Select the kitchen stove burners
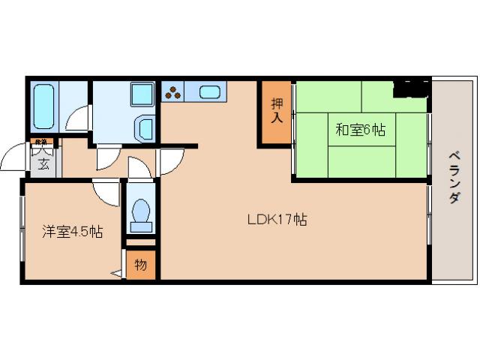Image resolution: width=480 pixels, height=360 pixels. (x=173, y=93)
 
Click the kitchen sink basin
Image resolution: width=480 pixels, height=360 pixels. (x=209, y=93)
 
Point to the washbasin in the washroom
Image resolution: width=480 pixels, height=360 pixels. (x=145, y=127)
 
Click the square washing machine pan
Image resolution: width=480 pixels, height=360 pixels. (x=140, y=95)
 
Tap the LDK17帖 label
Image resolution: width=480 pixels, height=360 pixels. (x=277, y=220)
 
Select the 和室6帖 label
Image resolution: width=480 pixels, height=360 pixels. (x=360, y=130)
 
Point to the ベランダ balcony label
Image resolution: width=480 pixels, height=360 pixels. (x=454, y=177)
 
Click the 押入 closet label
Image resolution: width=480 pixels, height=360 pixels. (x=277, y=111)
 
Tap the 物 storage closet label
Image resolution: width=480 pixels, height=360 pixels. (x=141, y=265)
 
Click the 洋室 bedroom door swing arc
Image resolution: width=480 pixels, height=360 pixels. (x=106, y=193)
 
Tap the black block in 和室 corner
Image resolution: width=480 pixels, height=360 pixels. (x=411, y=88)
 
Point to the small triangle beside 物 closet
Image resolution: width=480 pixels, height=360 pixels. (x=118, y=274)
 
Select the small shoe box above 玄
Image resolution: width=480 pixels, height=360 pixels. (x=40, y=142)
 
